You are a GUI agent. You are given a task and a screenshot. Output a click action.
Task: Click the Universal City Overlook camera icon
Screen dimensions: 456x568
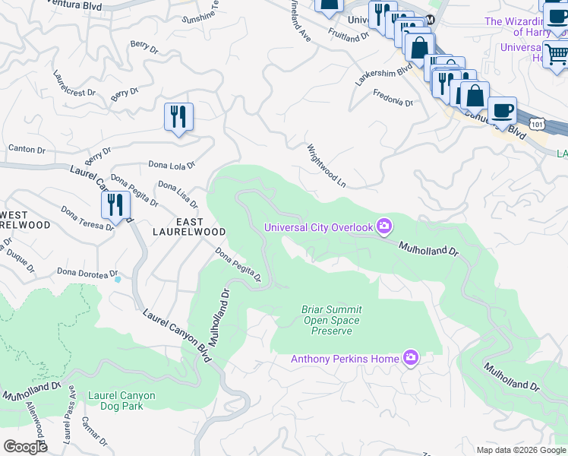pos(384,226)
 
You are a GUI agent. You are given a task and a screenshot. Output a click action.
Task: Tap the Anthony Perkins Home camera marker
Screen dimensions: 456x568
pos(411,358)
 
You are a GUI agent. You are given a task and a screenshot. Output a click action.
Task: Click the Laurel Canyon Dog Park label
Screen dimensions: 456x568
pos(121,401)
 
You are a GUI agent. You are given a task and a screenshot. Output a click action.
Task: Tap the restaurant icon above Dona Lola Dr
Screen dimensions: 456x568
pos(178,117)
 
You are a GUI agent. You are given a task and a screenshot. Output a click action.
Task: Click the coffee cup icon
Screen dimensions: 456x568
pos(502,110)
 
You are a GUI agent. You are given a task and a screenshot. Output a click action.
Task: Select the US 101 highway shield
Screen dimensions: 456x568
pos(537,123)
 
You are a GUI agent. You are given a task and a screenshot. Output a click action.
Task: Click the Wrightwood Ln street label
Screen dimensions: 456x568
pos(326,166)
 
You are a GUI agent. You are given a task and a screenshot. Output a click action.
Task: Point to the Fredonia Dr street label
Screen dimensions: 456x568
pos(393,98)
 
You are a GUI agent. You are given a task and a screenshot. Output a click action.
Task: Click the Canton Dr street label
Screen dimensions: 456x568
pos(27,149)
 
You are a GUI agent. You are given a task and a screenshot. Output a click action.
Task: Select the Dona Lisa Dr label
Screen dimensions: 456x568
pos(178,195)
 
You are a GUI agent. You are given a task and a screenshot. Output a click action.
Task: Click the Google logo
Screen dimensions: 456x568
pos(25,446)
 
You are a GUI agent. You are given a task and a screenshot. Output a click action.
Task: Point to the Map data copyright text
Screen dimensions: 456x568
pos(520,450)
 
